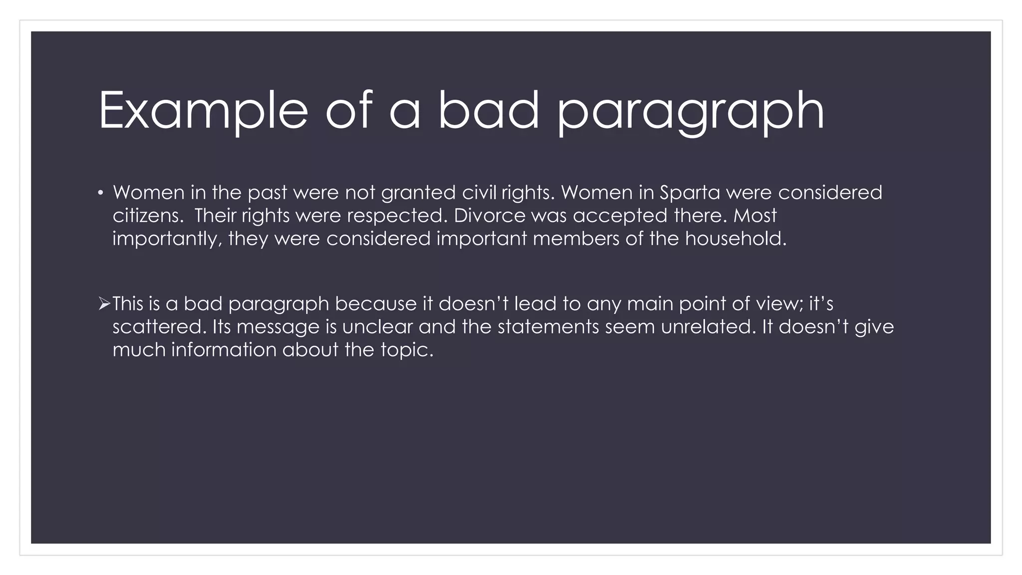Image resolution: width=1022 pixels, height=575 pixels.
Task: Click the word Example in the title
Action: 203,111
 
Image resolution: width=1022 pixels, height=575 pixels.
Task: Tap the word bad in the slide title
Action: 489,111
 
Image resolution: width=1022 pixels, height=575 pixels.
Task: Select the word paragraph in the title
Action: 691,111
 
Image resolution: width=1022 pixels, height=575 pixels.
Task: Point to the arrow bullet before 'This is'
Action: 104,303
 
